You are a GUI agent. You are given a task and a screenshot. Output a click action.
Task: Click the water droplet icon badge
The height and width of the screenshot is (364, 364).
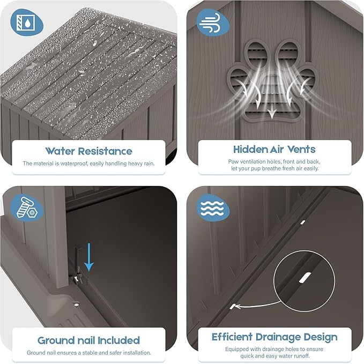coord(27,23)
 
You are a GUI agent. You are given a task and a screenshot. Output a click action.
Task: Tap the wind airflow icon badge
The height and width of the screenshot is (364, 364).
coord(213,23)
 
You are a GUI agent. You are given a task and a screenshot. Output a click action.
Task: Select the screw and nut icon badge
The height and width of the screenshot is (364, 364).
coord(27,207)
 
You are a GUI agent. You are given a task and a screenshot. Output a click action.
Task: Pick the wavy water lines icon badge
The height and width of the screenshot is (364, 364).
coord(213,207)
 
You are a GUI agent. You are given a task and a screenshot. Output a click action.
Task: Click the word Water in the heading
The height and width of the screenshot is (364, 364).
coord(60,151)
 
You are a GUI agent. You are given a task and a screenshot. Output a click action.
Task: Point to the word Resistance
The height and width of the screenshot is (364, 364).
coord(105,151)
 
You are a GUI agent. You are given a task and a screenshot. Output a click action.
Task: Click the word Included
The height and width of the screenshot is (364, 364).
coord(118,340)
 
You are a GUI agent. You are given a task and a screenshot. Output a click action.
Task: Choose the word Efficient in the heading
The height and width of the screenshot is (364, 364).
coord(232,337)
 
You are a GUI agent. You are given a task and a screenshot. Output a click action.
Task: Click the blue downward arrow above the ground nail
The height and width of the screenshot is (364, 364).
coord(89,257)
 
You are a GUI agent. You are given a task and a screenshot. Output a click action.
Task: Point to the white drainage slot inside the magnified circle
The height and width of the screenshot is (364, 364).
coord(305,278)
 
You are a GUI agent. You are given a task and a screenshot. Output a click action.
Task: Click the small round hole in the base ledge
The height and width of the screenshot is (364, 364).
coord(76,304)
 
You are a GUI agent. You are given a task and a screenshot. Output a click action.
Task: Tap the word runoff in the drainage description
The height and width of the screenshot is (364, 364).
coord(300,356)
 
